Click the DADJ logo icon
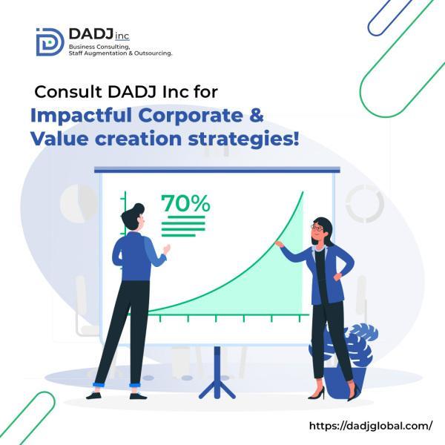click(x=50, y=42)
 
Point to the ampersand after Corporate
click(x=257, y=115)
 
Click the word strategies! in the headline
click(x=244, y=139)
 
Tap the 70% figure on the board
click(x=185, y=203)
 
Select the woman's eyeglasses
click(x=317, y=228)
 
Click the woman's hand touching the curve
click(x=280, y=244)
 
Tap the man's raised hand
click(x=167, y=249)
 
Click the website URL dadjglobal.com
click(x=371, y=426)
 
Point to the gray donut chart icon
click(x=365, y=203)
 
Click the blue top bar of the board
click(x=217, y=170)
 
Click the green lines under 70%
click(x=183, y=226)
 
